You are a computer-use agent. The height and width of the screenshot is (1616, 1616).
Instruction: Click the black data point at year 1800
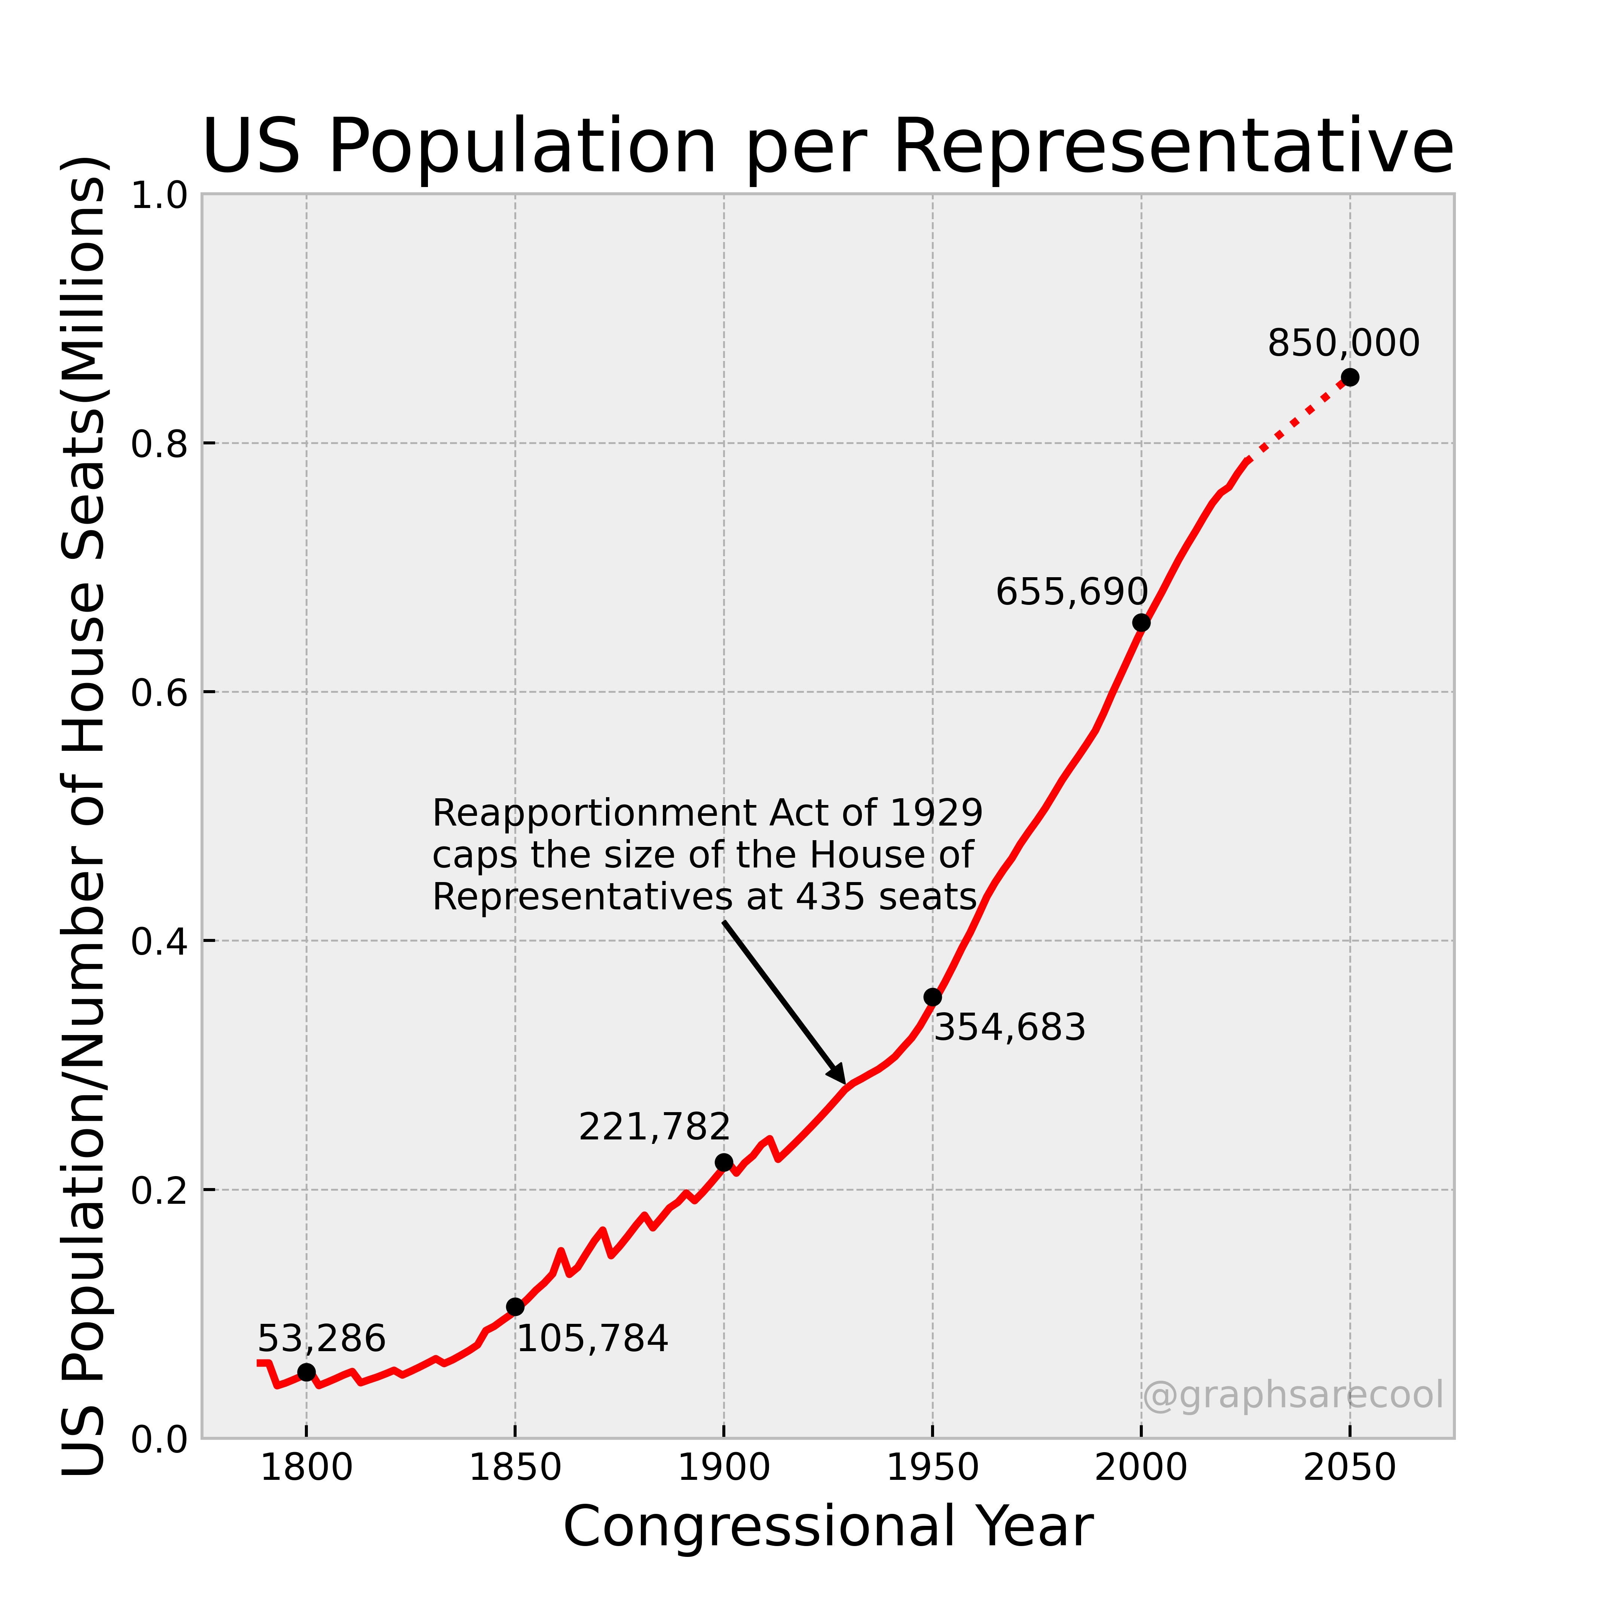click(306, 1372)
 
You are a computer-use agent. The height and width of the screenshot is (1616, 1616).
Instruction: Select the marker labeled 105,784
click(515, 1307)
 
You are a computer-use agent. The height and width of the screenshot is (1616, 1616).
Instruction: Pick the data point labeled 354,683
click(933, 997)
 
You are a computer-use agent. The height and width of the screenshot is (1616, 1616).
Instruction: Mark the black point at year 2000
click(1141, 622)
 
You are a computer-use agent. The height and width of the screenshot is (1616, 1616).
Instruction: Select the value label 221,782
click(654, 1127)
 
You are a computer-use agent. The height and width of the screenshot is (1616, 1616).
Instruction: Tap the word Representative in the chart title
click(1173, 147)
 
